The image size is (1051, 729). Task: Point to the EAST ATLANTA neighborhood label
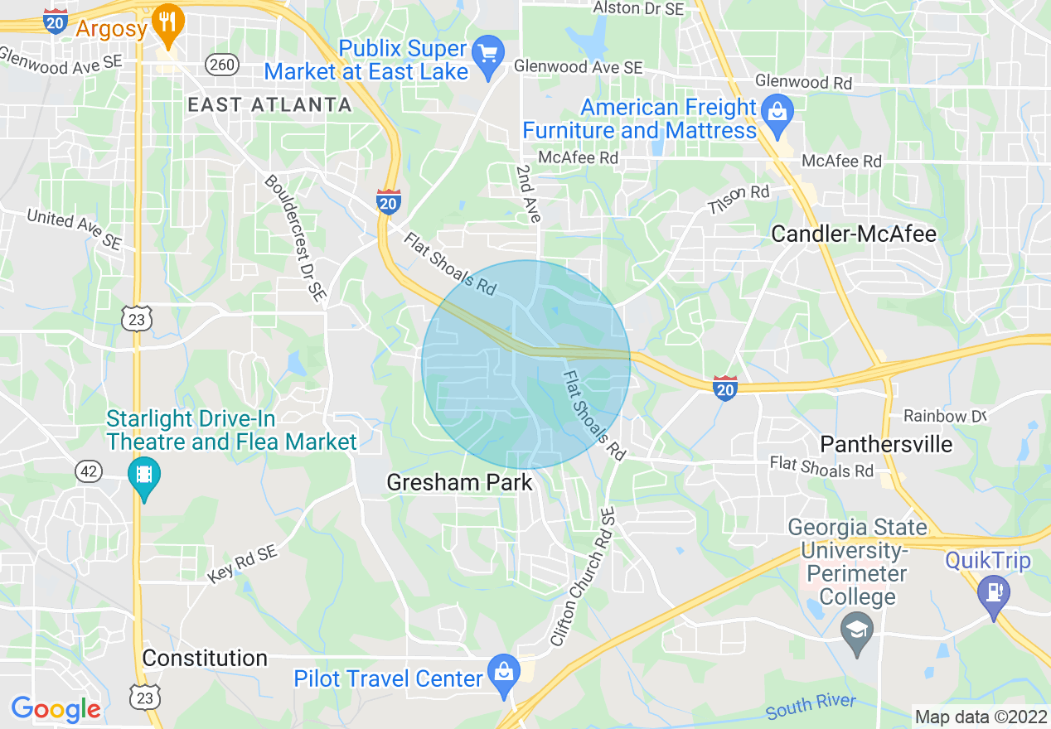pyautogui.click(x=269, y=104)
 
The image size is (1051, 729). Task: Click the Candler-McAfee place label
pyautogui.click(x=854, y=234)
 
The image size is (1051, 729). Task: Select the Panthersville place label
pyautogui.click(x=886, y=444)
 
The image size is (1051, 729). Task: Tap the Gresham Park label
pyautogui.click(x=459, y=482)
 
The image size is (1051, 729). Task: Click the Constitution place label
pyautogui.click(x=205, y=658)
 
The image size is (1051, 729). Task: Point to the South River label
pyautogui.click(x=811, y=707)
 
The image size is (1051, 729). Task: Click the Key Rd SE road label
pyautogui.click(x=242, y=563)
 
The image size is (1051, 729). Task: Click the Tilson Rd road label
pyautogui.click(x=739, y=198)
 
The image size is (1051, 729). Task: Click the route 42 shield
pyautogui.click(x=89, y=471)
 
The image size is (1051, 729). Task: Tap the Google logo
pyautogui.click(x=56, y=709)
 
